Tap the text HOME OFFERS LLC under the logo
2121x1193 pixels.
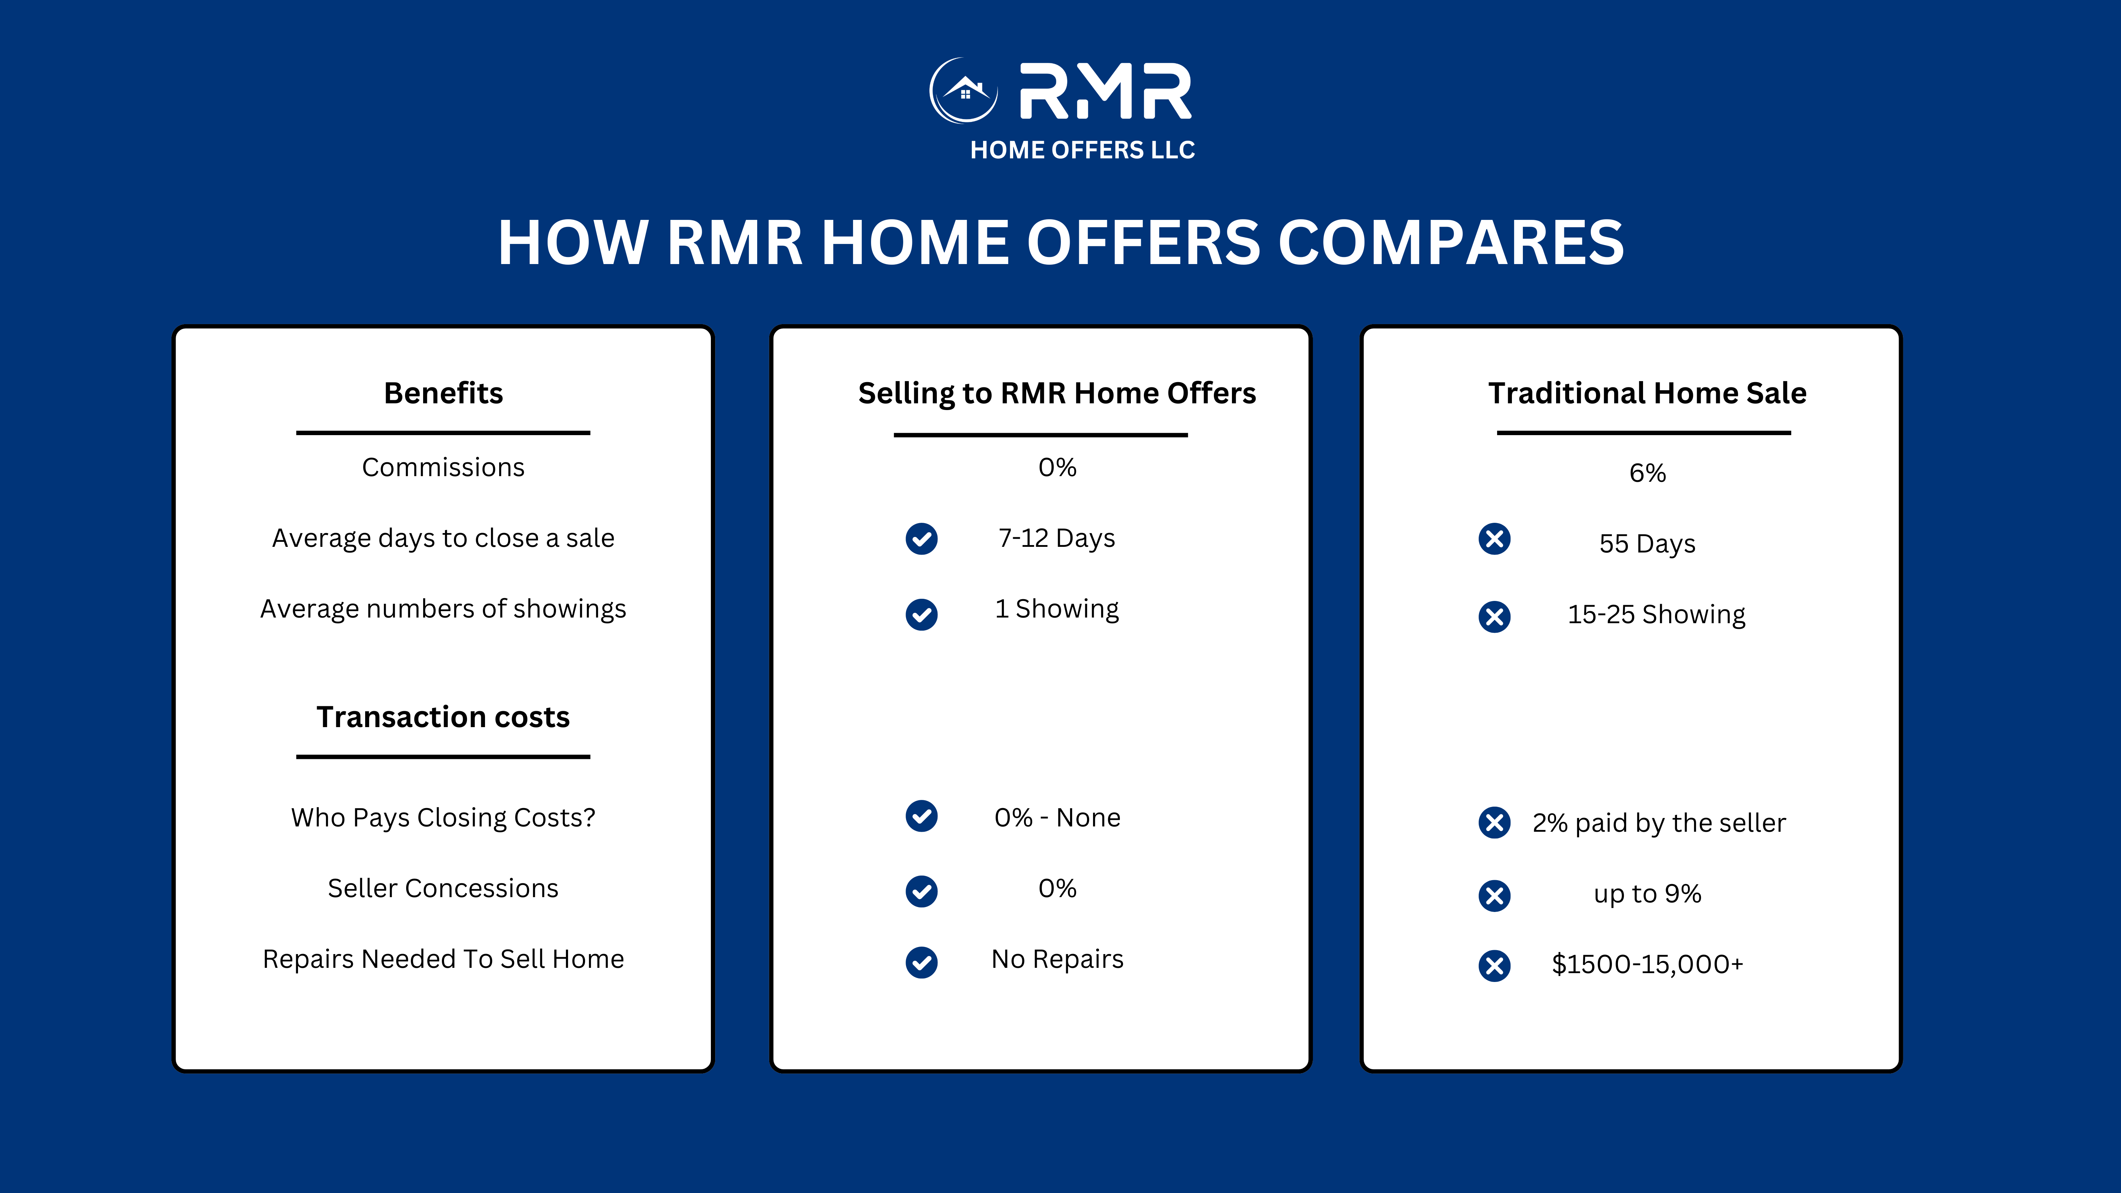pos(1082,150)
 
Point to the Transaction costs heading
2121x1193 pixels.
pos(443,717)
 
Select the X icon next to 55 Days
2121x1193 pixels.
pos(1494,539)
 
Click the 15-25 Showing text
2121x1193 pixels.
pos(1656,614)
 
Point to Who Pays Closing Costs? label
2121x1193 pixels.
pos(443,818)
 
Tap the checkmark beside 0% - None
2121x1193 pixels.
pos(921,816)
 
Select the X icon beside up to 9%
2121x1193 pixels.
pos(1494,896)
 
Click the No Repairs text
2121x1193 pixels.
pos(1057,959)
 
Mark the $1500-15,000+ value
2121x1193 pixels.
pos(1647,964)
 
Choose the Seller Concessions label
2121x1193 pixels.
pos(443,888)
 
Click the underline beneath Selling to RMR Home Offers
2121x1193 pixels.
pos(1041,435)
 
